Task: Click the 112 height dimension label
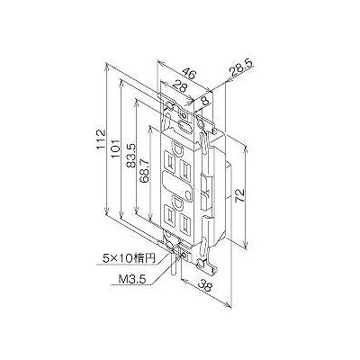point(102,139)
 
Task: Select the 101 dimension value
point(116,148)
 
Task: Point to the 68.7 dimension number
point(145,175)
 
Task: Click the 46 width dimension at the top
point(189,73)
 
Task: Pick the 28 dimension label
point(180,87)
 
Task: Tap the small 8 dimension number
point(205,101)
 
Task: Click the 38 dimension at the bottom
point(205,285)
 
